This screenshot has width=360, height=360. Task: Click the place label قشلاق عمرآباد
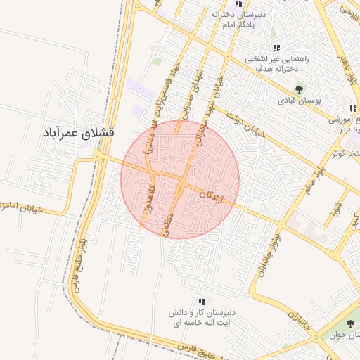(78, 132)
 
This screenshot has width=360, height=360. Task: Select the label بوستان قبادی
(300, 101)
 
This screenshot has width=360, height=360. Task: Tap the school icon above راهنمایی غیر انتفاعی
(276, 48)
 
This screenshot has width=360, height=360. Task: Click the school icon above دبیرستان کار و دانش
(202, 301)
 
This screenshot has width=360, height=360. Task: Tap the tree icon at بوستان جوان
(350, 323)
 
